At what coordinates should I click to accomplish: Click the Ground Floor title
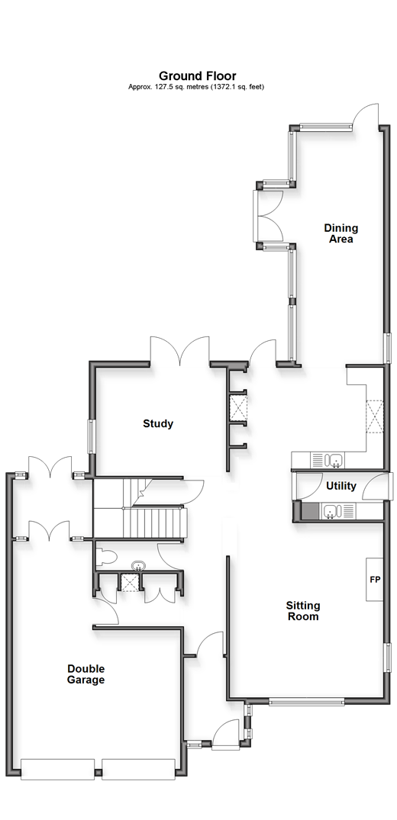click(x=198, y=76)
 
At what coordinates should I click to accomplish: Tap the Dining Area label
click(x=341, y=233)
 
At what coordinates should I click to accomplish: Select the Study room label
click(x=157, y=423)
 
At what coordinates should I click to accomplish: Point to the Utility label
click(x=341, y=486)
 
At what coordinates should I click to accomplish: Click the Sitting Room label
click(x=303, y=611)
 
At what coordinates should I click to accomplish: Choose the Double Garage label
click(x=86, y=674)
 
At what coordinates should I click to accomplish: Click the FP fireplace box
click(x=375, y=580)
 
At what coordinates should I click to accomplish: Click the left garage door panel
click(x=57, y=769)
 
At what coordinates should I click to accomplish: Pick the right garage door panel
click(x=139, y=769)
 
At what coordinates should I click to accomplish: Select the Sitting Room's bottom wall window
click(x=307, y=702)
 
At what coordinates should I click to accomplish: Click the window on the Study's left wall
click(x=91, y=436)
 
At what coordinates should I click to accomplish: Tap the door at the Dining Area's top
click(x=366, y=114)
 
